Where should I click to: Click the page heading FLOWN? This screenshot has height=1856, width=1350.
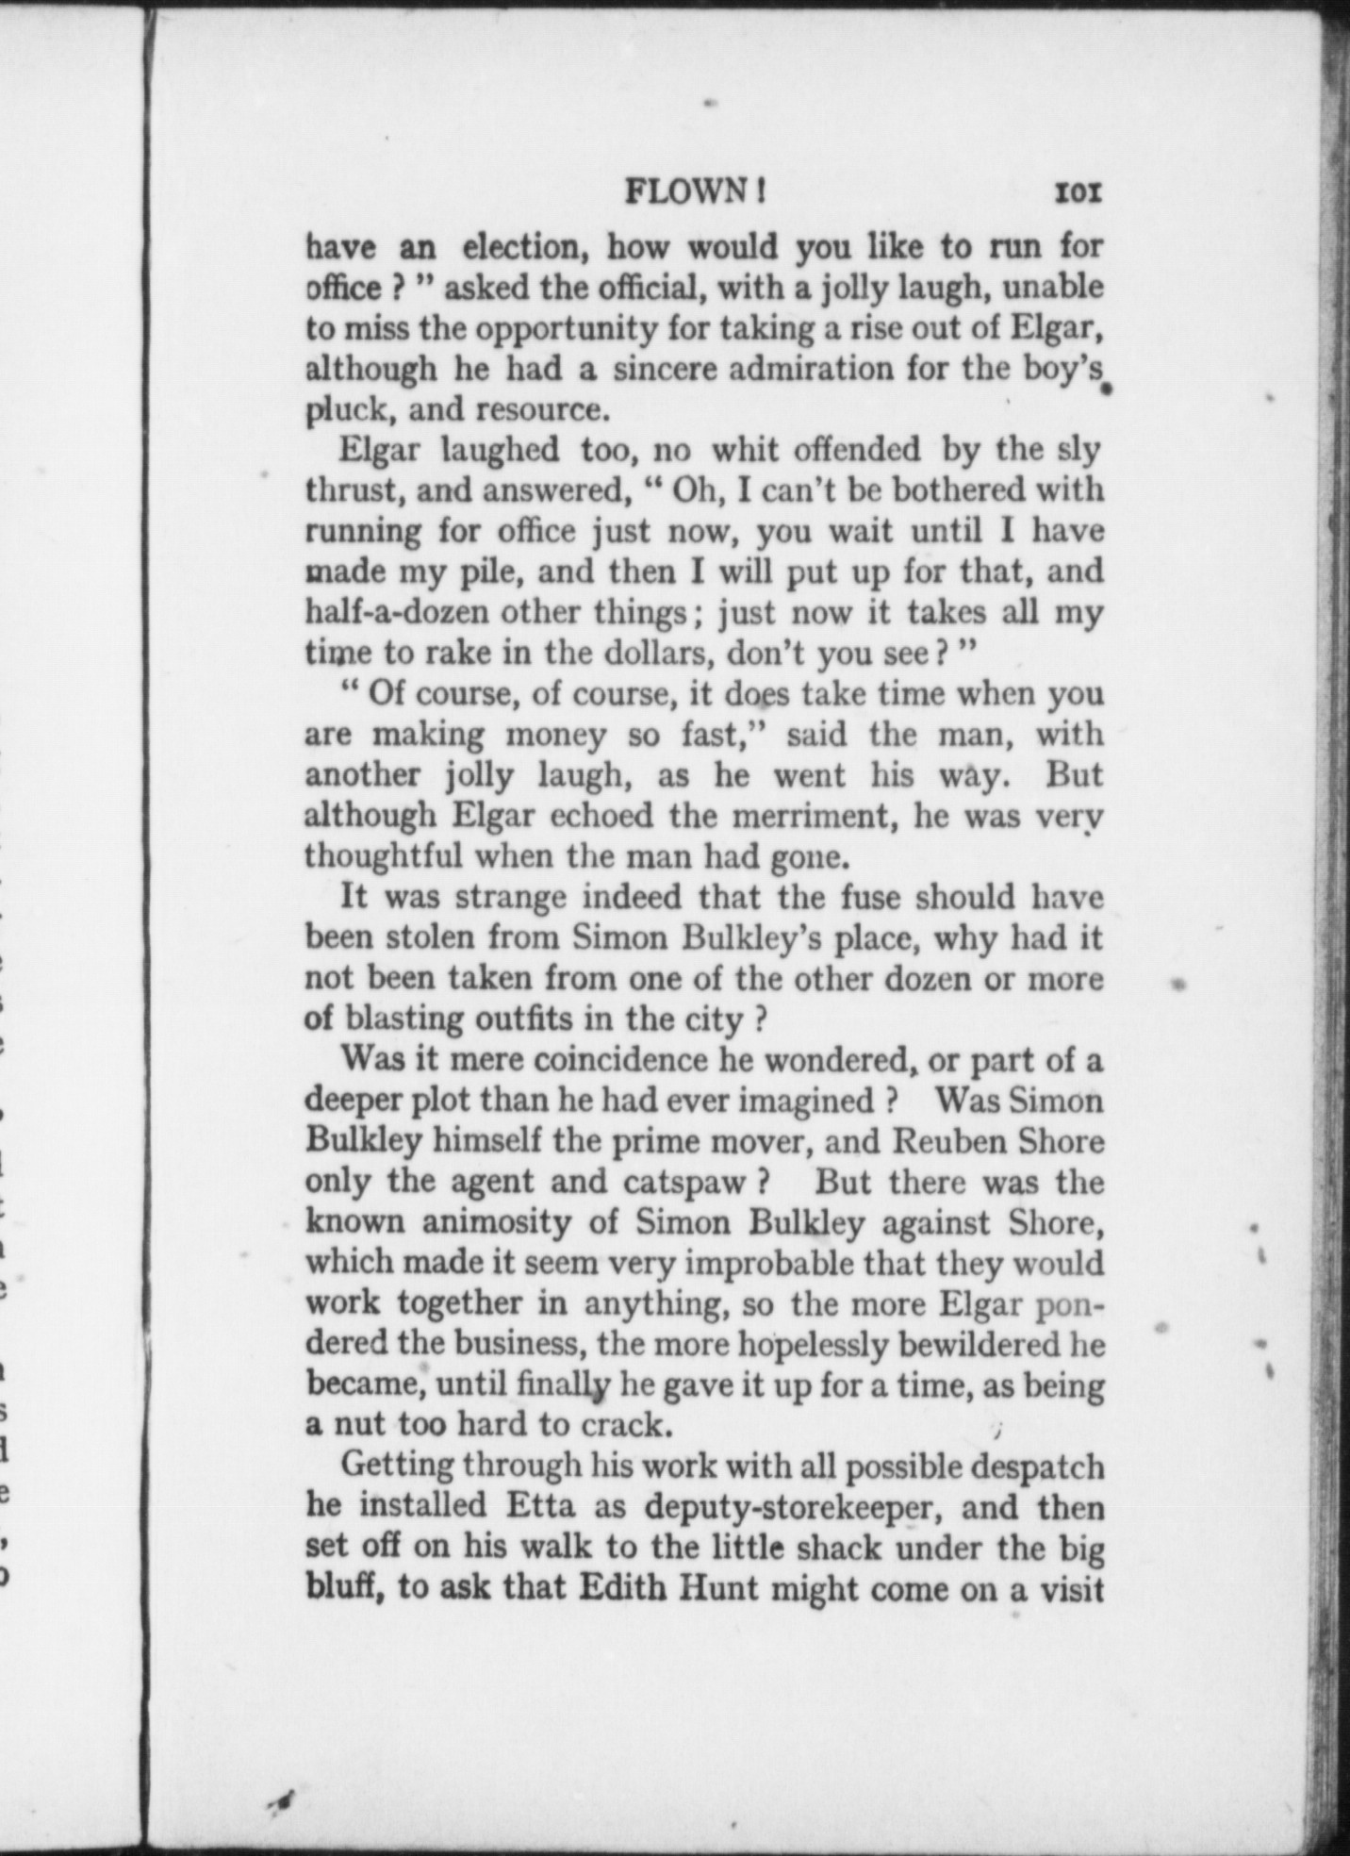(x=695, y=192)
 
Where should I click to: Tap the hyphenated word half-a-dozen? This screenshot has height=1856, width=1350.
(x=397, y=612)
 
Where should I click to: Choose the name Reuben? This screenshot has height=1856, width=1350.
(x=946, y=1141)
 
